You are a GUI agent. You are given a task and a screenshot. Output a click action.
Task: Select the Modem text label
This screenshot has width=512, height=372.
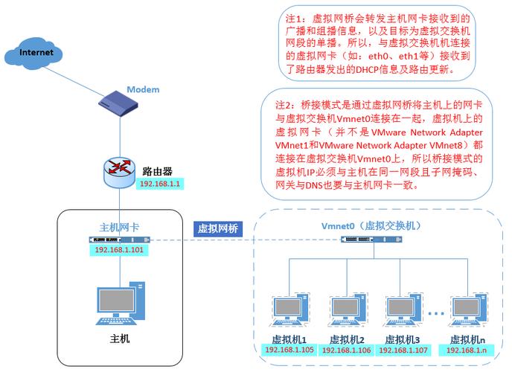point(143,90)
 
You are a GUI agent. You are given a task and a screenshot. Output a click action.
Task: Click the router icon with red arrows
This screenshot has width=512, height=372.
point(119,172)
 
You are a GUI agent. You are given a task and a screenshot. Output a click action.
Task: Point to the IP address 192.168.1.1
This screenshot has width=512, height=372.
point(159,183)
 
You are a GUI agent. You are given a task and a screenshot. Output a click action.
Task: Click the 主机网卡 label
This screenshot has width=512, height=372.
point(119,227)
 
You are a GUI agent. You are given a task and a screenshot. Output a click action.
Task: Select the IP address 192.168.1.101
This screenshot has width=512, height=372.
point(119,251)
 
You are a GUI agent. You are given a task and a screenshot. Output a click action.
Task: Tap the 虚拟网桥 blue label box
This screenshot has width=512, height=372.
point(217,228)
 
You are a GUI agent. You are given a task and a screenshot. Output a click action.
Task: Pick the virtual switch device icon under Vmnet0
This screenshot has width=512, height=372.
point(368,240)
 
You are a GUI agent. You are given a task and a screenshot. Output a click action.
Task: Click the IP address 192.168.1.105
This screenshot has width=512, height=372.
point(290,350)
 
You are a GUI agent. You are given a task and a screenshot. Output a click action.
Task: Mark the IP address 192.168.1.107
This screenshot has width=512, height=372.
point(406,350)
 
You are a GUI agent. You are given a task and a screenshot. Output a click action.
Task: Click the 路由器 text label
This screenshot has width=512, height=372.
point(158,170)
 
